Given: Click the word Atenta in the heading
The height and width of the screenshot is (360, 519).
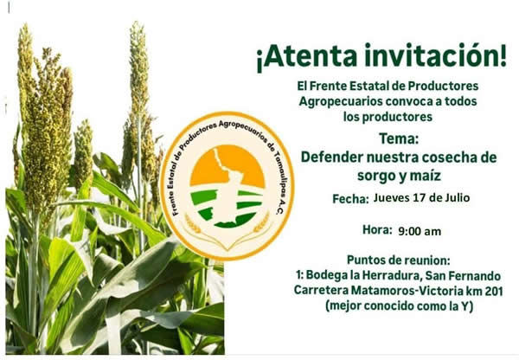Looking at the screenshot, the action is coord(311,55).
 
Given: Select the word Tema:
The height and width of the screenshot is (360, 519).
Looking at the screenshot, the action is coord(399,138).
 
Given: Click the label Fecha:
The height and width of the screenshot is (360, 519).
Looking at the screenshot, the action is coord(350,199).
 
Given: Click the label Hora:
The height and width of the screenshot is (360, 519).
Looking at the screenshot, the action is coord(377,229).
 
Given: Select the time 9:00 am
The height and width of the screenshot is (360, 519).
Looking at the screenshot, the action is coord(420,231).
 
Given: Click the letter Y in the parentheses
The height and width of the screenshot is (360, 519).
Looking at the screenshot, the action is coord(465,306).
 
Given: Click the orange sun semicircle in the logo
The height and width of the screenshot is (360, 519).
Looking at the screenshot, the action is coord(227,165).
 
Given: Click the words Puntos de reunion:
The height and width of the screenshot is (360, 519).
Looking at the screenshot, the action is coord(399,260).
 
